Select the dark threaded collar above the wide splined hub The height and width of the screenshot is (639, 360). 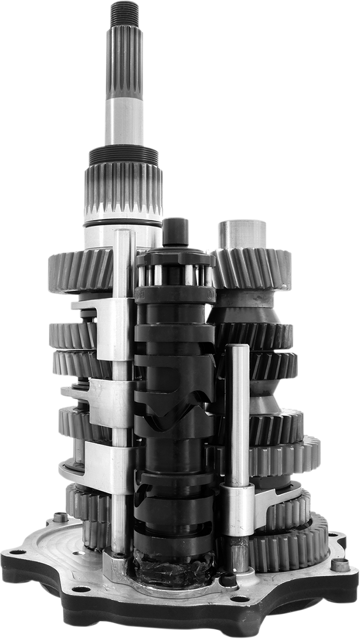124,155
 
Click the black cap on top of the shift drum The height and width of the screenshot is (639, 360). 176,232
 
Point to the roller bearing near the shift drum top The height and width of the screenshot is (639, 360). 175,275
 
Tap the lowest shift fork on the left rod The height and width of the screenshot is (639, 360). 99,461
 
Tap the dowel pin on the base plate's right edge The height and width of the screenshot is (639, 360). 340,564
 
